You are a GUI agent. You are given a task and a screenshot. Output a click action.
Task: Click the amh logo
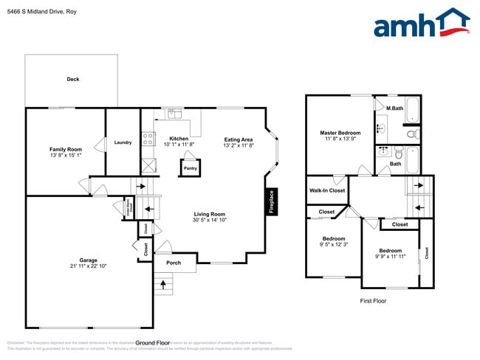click(x=422, y=23)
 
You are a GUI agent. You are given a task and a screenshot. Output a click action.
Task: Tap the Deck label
click(x=73, y=79)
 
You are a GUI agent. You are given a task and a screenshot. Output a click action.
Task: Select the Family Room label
click(x=66, y=149)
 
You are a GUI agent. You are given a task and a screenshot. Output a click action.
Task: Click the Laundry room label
click(x=123, y=142)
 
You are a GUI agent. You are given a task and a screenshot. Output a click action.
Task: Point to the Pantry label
click(x=191, y=168)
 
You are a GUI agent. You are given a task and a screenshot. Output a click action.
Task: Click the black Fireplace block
click(x=271, y=201)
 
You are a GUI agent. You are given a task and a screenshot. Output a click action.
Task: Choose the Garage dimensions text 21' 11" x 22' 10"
click(x=89, y=266)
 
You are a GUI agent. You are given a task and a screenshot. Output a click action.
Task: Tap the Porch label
click(x=174, y=263)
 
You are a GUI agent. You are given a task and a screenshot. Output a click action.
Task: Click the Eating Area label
click(x=239, y=139)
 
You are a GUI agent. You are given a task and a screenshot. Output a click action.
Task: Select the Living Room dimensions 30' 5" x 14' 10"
click(x=209, y=219)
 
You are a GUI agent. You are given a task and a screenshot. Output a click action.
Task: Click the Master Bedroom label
click(x=340, y=133)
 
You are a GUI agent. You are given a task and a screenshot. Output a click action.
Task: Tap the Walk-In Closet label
click(x=326, y=190)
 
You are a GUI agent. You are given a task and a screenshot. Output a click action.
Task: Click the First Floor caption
click(x=374, y=301)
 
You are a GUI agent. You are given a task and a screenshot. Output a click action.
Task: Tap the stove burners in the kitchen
click(x=148, y=136)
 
